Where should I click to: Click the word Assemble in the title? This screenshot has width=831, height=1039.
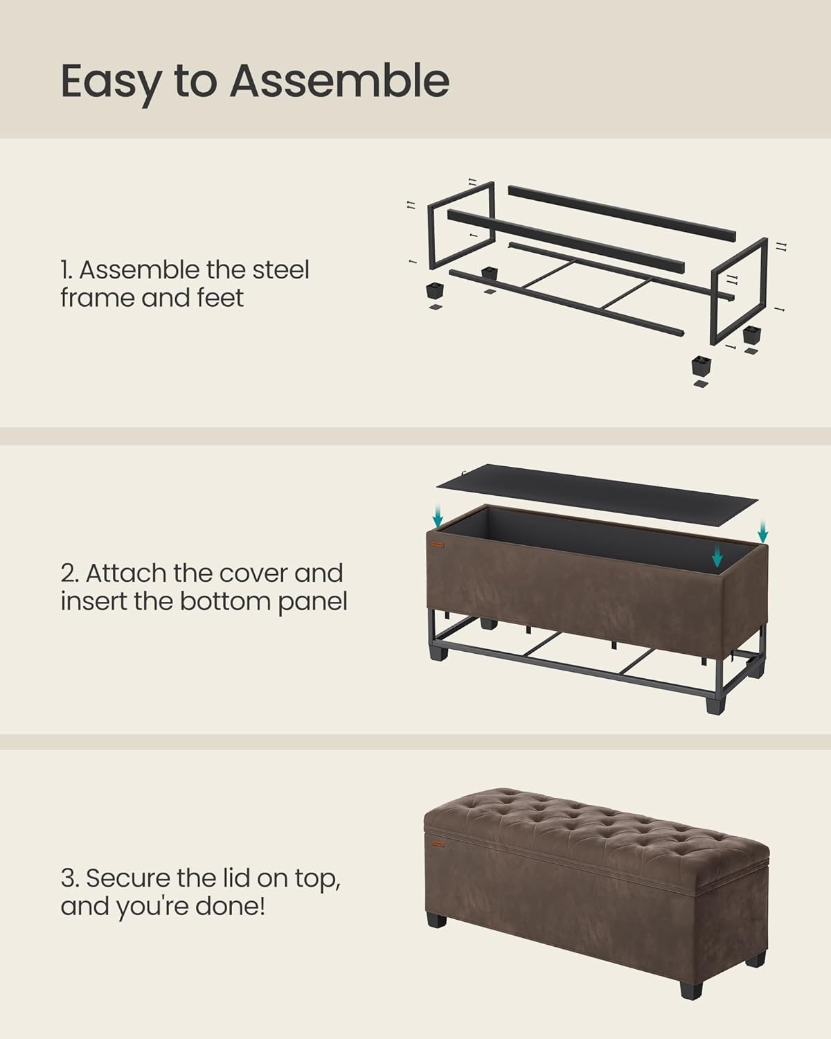click(x=339, y=81)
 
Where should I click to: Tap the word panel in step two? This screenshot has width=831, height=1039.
click(x=312, y=602)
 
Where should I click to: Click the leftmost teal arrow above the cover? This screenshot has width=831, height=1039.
click(x=438, y=515)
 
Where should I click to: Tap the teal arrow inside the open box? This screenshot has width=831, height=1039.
click(x=717, y=553)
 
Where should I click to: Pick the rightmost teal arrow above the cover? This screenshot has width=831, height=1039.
click(x=762, y=531)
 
